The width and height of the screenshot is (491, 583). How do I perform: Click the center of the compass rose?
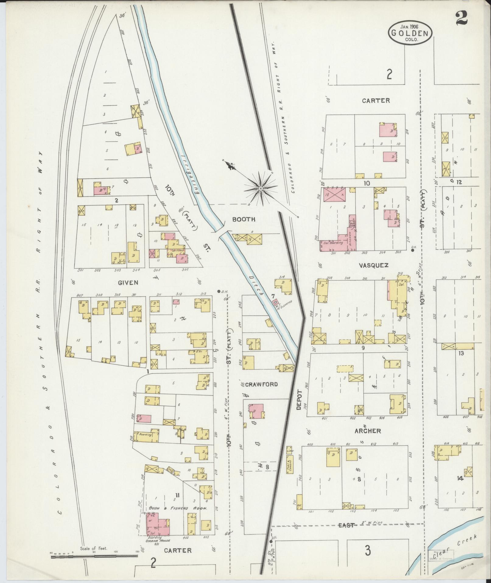[x=261, y=189]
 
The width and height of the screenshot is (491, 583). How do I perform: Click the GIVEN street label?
[x=128, y=283]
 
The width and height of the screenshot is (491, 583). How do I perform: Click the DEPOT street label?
[x=299, y=400]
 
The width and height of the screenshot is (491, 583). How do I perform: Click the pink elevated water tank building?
[x=276, y=302]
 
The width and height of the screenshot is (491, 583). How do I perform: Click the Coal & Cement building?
[x=289, y=466]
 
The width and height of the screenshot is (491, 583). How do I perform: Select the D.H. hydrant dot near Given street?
[x=219, y=291]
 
